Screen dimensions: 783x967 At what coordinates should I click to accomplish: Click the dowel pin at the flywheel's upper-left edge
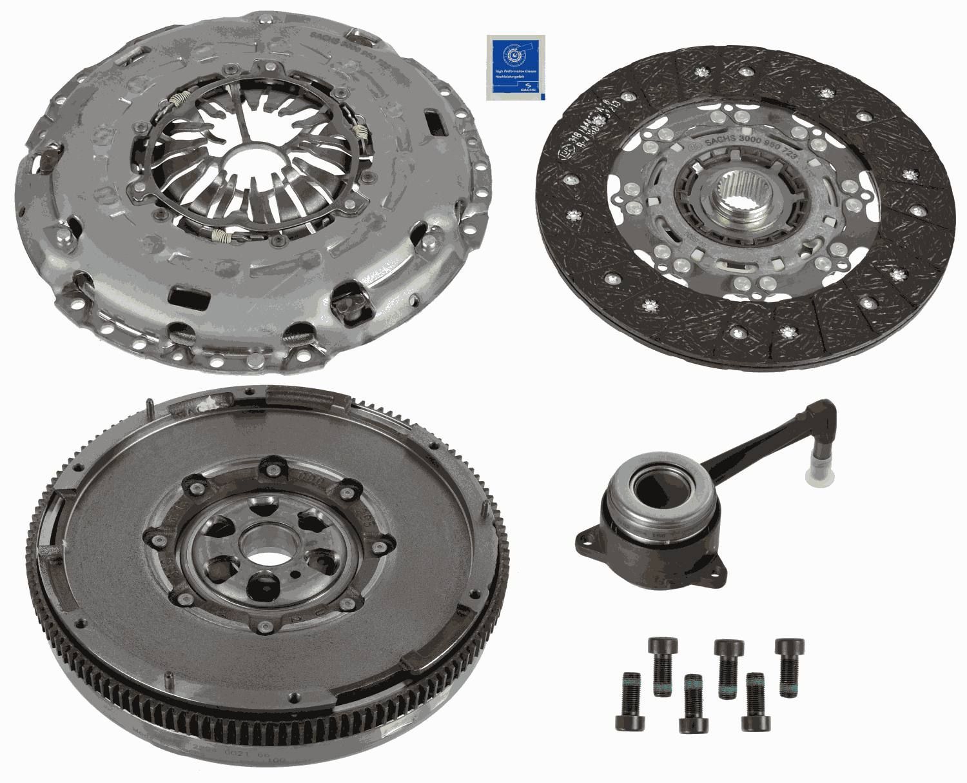[x=150, y=407]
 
